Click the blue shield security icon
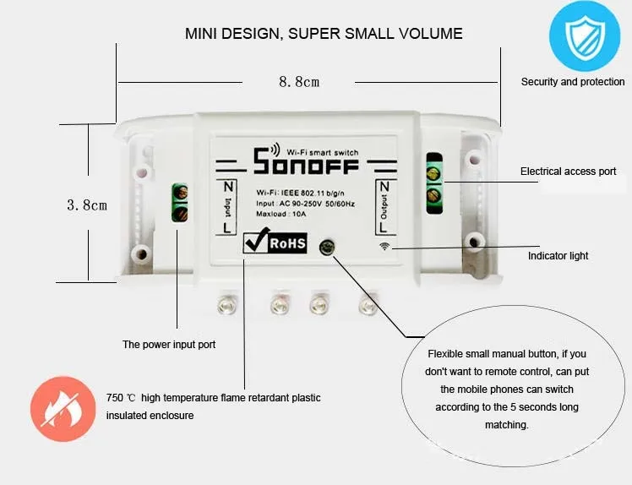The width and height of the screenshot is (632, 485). coord(585,35)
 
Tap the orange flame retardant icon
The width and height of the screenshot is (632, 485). coord(63,409)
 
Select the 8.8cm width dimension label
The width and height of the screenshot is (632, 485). coord(299,82)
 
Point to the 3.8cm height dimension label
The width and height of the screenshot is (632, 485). coord(87,204)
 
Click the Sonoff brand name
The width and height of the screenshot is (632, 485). coord(306,161)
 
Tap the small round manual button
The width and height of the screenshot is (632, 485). coord(326,247)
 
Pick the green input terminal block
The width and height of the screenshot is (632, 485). coord(180,203)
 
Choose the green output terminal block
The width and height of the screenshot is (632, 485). coord(434,183)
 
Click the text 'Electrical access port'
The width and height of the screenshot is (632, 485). coord(568,172)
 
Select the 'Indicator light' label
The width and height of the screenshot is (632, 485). coord(558,256)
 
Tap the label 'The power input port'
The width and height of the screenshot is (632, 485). coord(169,344)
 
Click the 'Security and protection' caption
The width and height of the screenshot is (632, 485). coord(573,82)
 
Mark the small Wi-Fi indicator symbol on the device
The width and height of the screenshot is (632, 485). coord(385,246)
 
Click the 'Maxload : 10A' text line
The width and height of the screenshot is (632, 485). coord(281,214)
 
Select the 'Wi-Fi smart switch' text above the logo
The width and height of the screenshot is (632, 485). coord(323,152)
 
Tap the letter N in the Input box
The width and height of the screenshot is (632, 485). coord(228,187)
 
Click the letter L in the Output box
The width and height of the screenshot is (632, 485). coord(383,227)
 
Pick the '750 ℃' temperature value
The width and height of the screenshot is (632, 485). coord(121,398)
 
